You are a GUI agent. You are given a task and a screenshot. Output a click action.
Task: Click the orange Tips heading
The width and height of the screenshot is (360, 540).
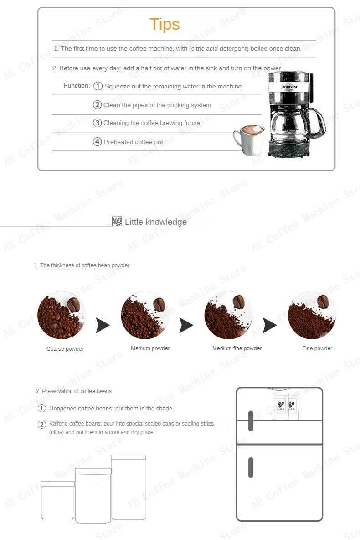point(165,24)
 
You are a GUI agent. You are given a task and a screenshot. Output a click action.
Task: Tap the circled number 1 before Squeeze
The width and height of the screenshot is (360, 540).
point(98,86)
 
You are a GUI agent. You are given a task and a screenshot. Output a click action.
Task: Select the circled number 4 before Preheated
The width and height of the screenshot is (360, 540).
point(98,142)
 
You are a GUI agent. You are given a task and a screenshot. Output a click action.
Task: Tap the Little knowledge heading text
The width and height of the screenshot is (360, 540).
point(156,222)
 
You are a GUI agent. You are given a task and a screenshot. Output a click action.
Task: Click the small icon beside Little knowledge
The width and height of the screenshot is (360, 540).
point(117,222)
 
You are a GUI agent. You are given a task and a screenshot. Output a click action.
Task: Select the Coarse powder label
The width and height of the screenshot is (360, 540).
point(65,349)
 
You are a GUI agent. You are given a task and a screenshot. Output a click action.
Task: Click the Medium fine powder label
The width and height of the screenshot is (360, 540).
point(237,348)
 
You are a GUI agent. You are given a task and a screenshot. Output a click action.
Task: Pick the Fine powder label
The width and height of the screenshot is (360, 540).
point(317,348)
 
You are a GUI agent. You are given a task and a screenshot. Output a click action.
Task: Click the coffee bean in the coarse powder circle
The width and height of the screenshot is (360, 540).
point(74,304)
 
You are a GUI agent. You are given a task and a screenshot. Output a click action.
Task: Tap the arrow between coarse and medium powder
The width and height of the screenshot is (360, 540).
point(103,326)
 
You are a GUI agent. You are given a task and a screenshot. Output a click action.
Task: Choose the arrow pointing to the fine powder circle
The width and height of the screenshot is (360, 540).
point(270,326)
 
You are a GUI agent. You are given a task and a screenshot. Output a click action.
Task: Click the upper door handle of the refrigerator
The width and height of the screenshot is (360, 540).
point(251,421)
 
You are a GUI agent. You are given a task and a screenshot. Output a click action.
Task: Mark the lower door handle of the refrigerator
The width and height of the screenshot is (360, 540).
point(251,467)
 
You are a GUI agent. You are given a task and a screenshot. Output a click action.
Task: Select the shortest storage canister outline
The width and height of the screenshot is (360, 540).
point(58,500)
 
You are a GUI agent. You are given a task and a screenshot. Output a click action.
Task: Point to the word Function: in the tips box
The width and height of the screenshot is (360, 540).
point(77,86)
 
